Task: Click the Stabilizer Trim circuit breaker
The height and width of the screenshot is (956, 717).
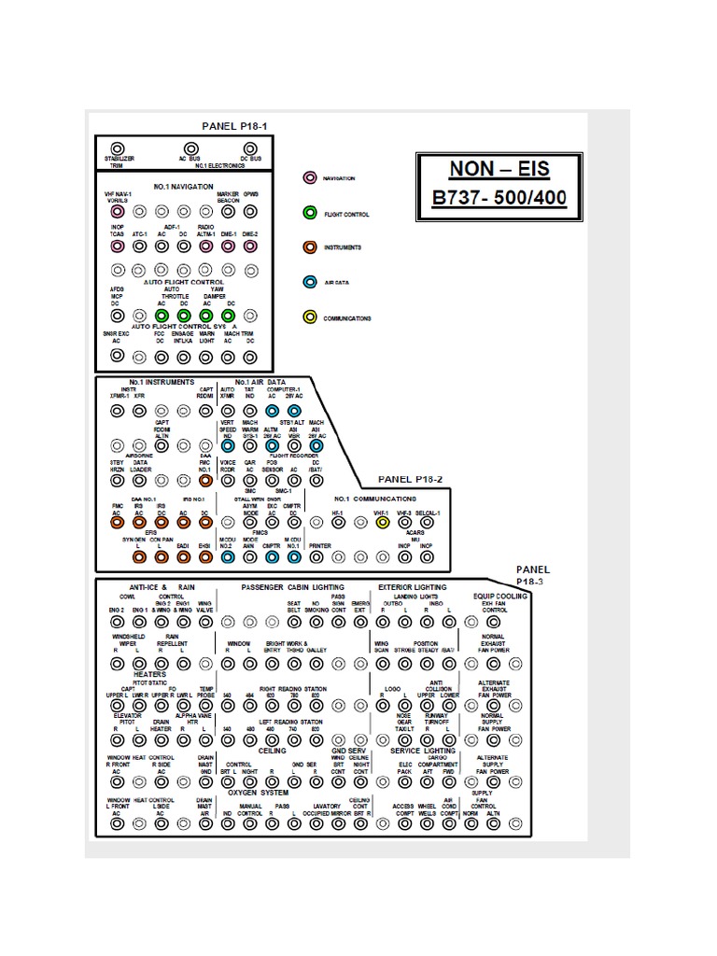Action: pyautogui.click(x=118, y=148)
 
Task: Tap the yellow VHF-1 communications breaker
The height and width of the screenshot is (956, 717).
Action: pyautogui.click(x=382, y=523)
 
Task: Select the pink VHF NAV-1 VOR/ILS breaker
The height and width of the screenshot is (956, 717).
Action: pyautogui.click(x=118, y=212)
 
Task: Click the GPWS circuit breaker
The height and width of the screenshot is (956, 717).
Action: pyautogui.click(x=250, y=212)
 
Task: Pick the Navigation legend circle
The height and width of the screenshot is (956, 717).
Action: pyautogui.click(x=310, y=177)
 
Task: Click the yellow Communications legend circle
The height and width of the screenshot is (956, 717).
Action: pyautogui.click(x=310, y=317)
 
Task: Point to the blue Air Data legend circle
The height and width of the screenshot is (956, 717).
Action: pyautogui.click(x=310, y=282)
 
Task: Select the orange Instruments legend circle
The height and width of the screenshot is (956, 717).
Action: pyautogui.click(x=310, y=247)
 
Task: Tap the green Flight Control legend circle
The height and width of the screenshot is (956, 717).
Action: pyautogui.click(x=310, y=213)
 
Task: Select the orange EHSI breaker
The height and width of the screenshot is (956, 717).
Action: pyautogui.click(x=205, y=557)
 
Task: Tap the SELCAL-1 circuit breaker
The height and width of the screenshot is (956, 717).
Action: pyautogui.click(x=427, y=523)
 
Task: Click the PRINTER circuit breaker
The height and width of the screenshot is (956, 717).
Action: pyautogui.click(x=317, y=557)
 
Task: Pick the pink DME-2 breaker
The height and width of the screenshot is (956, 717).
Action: pyautogui.click(x=250, y=246)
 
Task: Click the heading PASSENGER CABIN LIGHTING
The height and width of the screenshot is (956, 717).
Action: pyautogui.click(x=291, y=587)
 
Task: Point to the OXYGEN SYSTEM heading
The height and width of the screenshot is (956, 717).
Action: pyautogui.click(x=259, y=793)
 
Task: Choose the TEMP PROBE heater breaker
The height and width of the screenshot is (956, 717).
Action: pyautogui.click(x=205, y=707)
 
